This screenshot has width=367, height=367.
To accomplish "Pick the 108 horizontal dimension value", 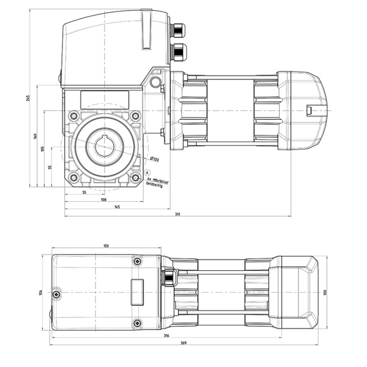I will (x=103, y=200).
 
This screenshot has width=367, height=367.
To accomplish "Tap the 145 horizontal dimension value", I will (x=117, y=207).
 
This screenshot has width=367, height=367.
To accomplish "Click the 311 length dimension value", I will (x=177, y=214).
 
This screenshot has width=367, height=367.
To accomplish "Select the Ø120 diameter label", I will (x=154, y=160).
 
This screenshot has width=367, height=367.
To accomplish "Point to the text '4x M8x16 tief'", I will (x=157, y=179).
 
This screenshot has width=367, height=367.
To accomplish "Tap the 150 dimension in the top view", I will (x=106, y=246).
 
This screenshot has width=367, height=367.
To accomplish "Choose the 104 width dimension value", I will (x=40, y=293).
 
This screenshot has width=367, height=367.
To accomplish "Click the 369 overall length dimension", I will (x=184, y=343).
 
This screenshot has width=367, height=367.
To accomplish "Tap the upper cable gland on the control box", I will (x=178, y=30).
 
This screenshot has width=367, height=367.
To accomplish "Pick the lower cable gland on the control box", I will (x=179, y=51).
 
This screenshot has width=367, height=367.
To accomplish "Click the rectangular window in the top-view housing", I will (x=137, y=292).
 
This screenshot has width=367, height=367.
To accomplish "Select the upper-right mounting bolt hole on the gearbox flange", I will (x=136, y=116).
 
